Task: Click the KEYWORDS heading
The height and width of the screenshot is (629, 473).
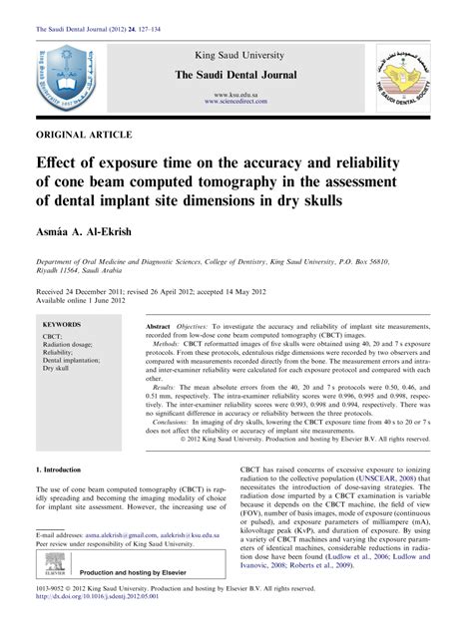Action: tap(62, 326)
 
